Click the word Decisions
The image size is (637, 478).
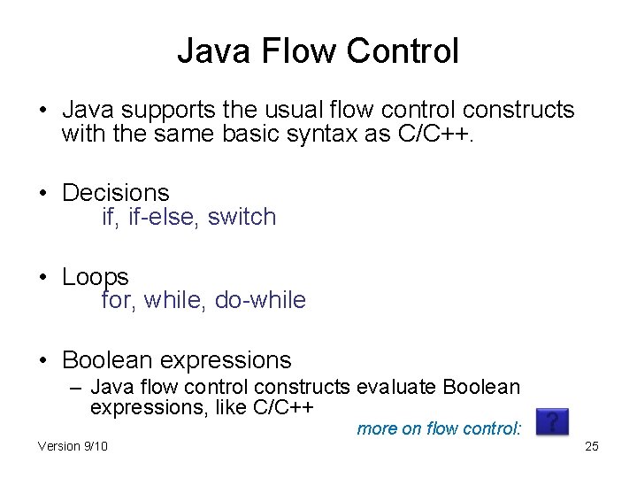click(115, 192)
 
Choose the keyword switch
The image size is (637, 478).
click(242, 217)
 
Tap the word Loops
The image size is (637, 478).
click(95, 276)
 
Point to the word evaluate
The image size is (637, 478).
click(397, 387)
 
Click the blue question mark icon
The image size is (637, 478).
click(552, 421)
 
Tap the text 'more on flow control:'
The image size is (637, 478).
click(440, 429)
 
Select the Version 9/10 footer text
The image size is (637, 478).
click(73, 446)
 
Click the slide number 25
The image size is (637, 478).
click(592, 446)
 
